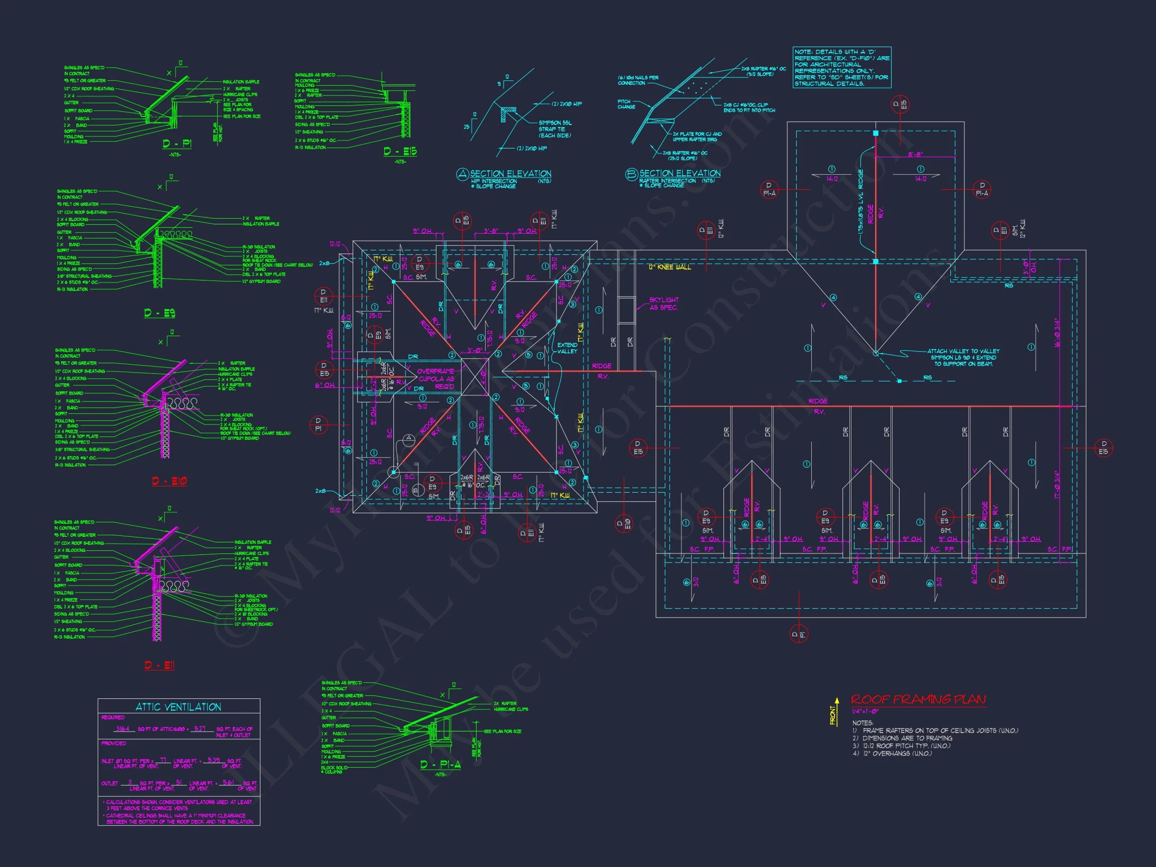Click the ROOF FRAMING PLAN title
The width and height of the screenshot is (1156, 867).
click(918, 699)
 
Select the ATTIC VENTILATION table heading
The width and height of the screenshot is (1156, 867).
click(178, 707)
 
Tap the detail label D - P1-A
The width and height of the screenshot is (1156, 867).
click(440, 765)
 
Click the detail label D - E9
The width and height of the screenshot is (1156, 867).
click(160, 313)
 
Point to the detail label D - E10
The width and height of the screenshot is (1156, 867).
click(169, 481)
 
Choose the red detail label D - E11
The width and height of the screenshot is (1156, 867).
click(160, 665)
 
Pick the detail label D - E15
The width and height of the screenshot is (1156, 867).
click(400, 152)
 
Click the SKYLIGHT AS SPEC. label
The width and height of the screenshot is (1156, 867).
click(663, 304)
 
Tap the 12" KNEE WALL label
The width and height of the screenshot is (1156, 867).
click(669, 267)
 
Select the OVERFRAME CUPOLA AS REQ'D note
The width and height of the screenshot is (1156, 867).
click(436, 379)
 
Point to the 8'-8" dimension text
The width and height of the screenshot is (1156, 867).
click(915, 154)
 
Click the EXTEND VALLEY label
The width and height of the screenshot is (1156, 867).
click(567, 348)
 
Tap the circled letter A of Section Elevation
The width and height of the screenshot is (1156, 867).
click(463, 175)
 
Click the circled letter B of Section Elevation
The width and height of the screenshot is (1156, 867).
click(631, 175)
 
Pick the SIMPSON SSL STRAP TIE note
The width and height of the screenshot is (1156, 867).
click(555, 129)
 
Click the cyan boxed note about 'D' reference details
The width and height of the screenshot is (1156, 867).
click(841, 67)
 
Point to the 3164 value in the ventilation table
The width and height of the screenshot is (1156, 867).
click(123, 729)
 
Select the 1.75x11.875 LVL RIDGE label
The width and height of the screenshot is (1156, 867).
click(861, 206)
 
